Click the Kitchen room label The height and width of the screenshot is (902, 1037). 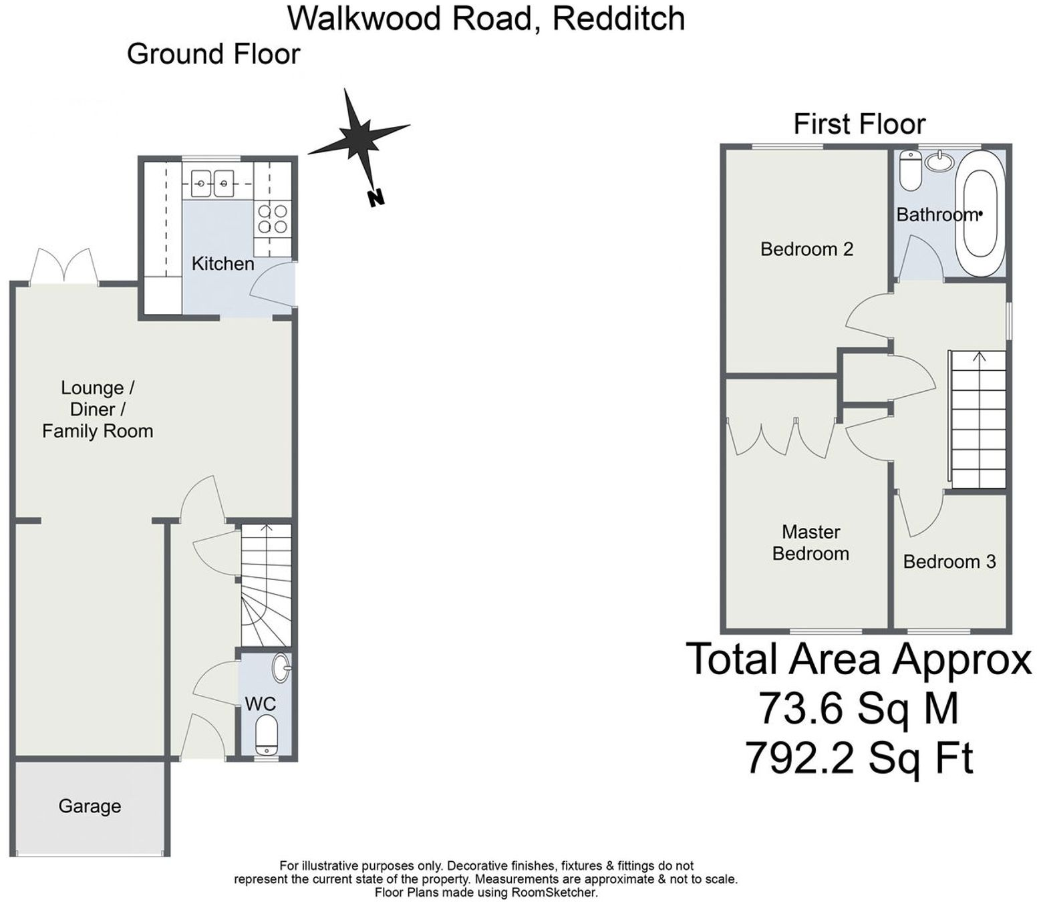[223, 264]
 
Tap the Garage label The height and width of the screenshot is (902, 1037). [90, 806]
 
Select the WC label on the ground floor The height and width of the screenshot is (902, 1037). [260, 704]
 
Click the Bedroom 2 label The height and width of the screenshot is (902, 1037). [806, 249]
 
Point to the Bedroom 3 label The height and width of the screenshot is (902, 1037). [949, 561]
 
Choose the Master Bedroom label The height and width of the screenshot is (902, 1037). [810, 543]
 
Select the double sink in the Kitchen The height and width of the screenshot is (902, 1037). [212, 183]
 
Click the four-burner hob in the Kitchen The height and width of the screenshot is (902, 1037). [273, 220]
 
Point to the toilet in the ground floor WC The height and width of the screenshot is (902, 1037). [267, 734]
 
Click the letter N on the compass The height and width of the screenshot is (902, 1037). [376, 198]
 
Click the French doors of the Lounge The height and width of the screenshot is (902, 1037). [64, 267]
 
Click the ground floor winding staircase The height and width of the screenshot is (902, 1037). [266, 585]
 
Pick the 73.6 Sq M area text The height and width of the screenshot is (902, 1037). [858, 708]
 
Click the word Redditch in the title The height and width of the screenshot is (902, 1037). [618, 19]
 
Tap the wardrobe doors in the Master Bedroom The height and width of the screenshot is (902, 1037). [780, 438]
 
